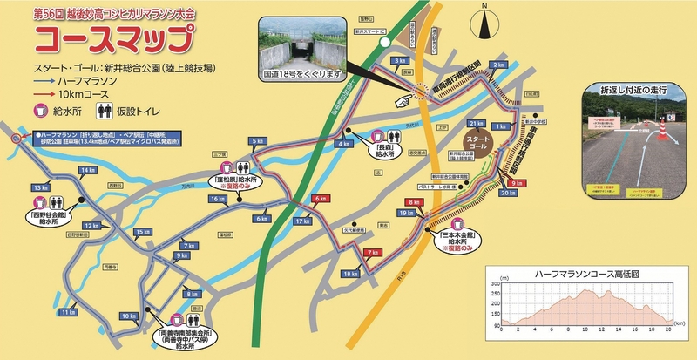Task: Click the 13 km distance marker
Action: tap(39, 187)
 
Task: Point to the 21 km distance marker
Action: tap(477, 123)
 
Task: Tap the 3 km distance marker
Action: tap(400, 60)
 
